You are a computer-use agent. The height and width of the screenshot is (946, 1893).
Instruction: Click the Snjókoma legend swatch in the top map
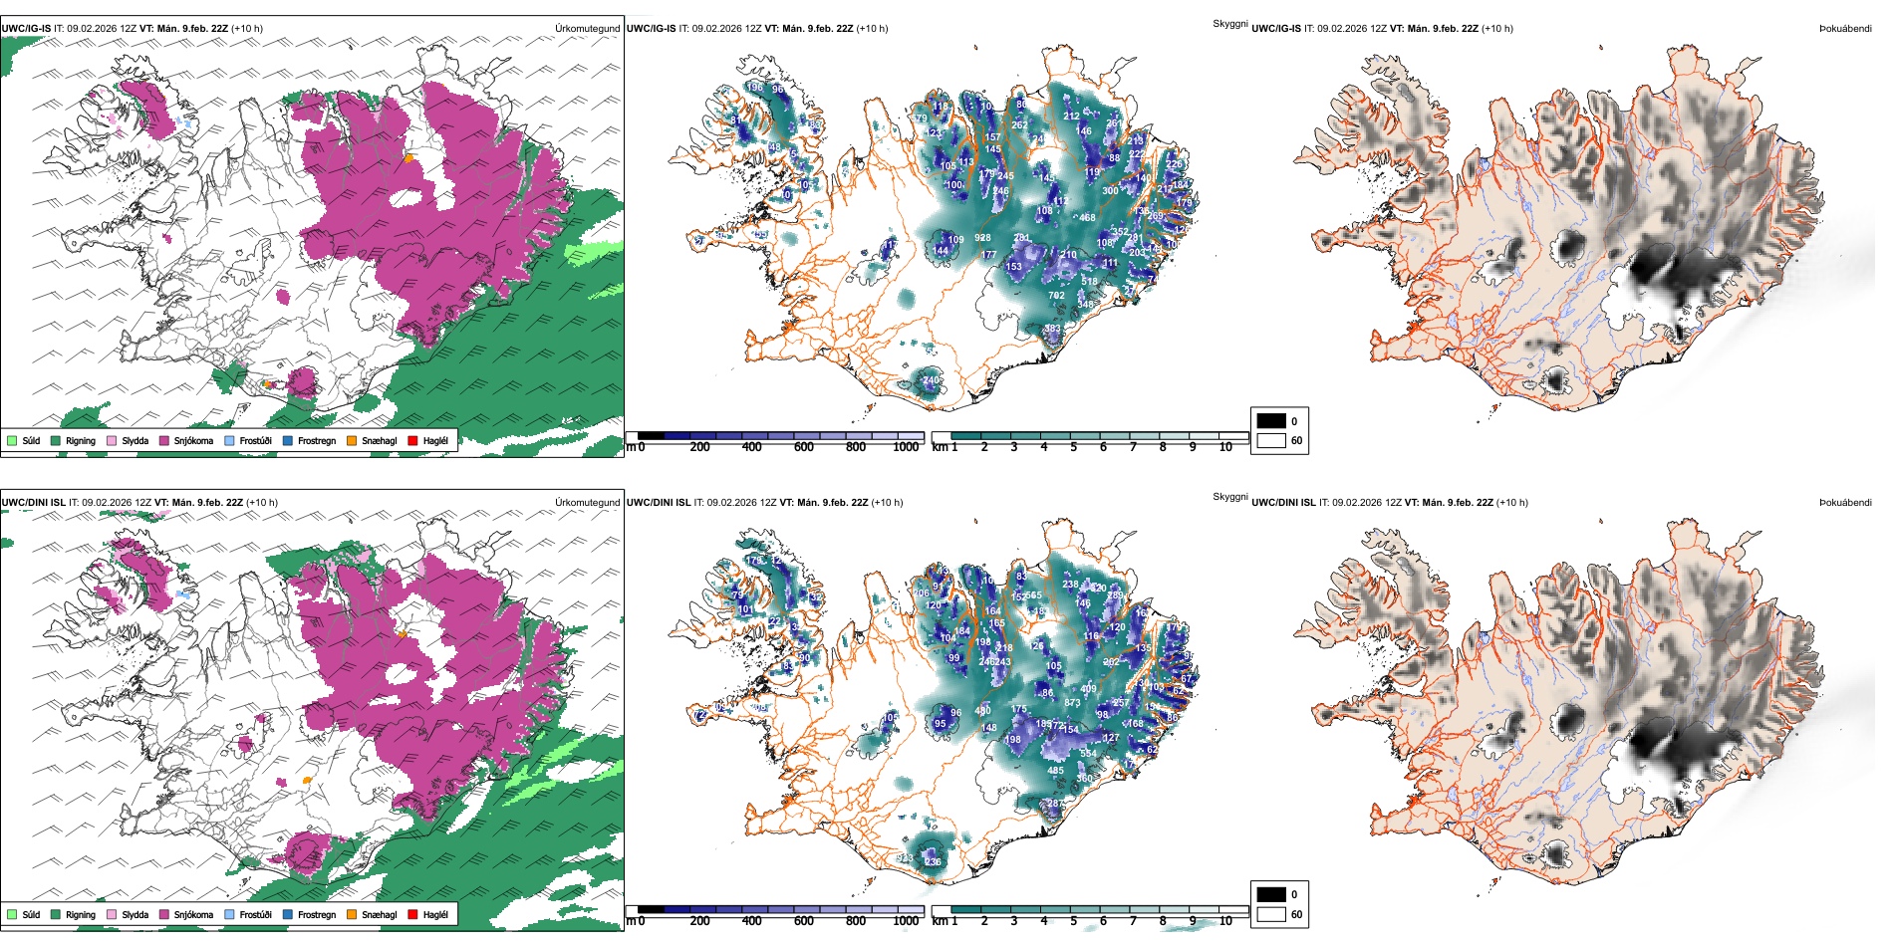point(164,440)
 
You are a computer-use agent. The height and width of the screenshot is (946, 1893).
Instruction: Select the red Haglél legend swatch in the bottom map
point(412,914)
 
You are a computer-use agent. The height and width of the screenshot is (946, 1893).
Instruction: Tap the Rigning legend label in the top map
point(81,441)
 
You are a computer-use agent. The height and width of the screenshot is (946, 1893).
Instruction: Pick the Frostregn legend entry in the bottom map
point(316,915)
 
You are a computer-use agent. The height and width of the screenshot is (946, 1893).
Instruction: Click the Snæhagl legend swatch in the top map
point(352,440)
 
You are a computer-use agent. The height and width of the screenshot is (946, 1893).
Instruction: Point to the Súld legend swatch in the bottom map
point(12,914)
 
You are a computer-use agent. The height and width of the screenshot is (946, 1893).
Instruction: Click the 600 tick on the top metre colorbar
point(804,447)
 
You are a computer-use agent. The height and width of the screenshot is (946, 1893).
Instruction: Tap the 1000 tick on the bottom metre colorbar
point(906,921)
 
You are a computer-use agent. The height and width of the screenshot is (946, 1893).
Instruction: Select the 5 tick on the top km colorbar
point(1074,447)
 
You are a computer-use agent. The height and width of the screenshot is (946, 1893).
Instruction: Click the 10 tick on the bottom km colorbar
point(1225,921)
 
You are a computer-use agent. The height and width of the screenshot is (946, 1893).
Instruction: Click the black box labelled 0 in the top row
point(1271,421)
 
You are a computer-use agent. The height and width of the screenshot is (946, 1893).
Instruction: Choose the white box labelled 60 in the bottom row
point(1271,914)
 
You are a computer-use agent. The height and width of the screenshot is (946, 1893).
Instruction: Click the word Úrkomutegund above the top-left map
point(587,29)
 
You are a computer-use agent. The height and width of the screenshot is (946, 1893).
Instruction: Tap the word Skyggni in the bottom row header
point(1229,497)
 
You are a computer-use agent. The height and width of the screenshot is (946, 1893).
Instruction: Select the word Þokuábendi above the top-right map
point(1845,29)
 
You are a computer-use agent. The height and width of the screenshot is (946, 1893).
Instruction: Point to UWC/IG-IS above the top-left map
point(26,29)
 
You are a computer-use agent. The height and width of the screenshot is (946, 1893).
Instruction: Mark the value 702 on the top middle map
point(1057,296)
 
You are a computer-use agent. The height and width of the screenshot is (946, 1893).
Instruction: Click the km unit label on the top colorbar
point(939,447)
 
